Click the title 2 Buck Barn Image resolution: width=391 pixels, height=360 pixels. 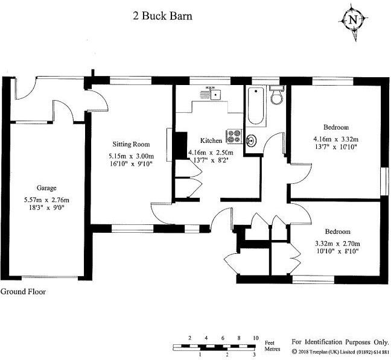[x=162, y=16]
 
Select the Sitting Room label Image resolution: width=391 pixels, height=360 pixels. [x=131, y=144]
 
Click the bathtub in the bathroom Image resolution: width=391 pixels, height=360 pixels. [x=255, y=107]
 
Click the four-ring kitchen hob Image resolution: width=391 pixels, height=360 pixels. [x=233, y=137]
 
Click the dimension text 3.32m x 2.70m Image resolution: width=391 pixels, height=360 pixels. [x=336, y=244]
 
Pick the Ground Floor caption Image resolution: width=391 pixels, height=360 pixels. [x=23, y=292]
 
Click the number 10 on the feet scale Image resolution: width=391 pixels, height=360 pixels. [x=256, y=338]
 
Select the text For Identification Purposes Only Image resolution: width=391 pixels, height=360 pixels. [x=339, y=341]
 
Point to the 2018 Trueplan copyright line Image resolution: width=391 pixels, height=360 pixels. [x=340, y=352]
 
